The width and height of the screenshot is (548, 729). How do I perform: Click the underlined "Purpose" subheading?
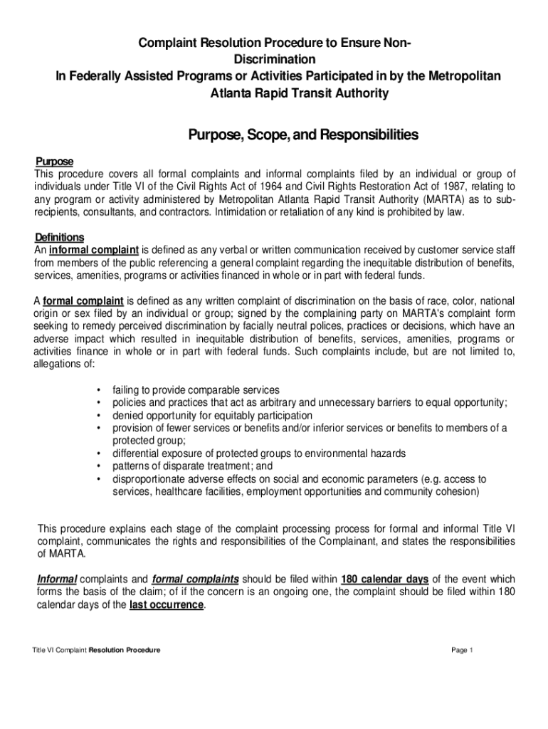pos(54,161)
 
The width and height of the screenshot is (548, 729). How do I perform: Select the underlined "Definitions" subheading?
pos(60,237)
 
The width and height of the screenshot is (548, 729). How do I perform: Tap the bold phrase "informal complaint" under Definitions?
pos(94,250)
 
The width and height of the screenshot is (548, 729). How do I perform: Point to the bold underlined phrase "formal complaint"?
pos(83,301)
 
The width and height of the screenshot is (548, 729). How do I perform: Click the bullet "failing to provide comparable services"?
pos(196,390)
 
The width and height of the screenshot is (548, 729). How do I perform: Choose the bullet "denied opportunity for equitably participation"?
pos(212,415)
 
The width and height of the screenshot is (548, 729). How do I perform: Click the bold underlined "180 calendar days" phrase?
pos(385,578)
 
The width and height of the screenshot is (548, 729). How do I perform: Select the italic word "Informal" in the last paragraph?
pos(57,578)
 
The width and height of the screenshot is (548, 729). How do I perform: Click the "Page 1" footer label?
pos(463,651)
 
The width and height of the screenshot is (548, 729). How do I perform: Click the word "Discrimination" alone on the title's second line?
pos(274,59)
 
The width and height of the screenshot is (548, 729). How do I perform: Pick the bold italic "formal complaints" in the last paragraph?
pos(196,578)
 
